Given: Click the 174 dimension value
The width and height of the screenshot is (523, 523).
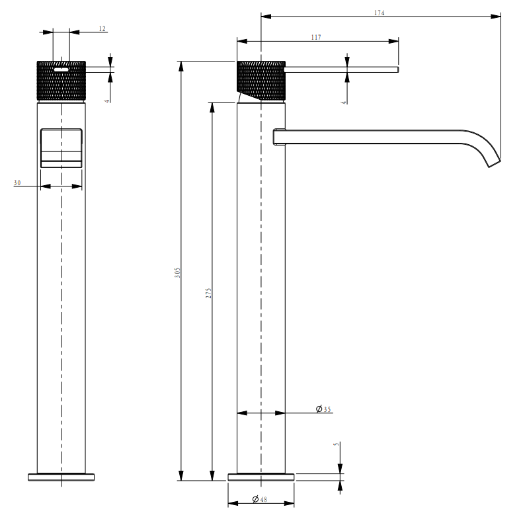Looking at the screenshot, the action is click(380, 13).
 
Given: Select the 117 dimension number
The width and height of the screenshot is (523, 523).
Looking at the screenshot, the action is click(316, 37).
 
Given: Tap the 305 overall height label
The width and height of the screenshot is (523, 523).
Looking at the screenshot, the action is click(177, 272).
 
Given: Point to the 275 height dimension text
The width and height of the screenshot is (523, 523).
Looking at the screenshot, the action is click(208, 293).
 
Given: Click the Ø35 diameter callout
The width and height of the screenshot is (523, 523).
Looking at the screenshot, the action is click(323, 409).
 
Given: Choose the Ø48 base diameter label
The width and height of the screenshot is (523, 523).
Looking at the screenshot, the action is click(259, 499).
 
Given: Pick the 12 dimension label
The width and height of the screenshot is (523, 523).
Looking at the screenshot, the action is click(102, 28).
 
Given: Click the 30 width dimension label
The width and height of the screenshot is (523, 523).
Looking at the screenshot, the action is click(17, 182).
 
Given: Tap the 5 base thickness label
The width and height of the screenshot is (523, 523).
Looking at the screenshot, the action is click(336, 444).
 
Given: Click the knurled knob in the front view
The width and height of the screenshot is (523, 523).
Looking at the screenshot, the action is click(61, 81).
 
